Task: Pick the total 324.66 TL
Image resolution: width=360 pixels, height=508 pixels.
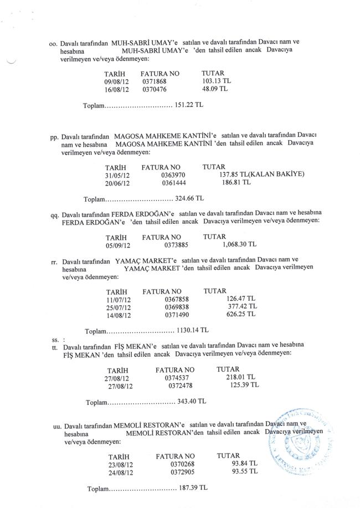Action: (189, 198)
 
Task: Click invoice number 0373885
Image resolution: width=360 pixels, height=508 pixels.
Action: (177, 244)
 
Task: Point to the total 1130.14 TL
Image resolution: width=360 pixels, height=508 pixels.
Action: (192, 331)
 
